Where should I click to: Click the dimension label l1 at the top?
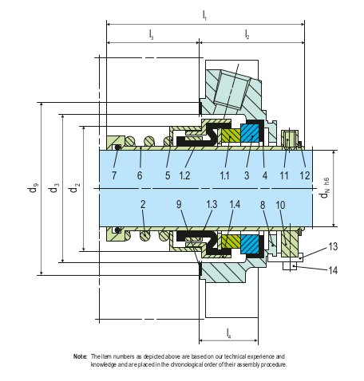[x=204, y=14]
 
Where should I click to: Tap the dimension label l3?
[x=152, y=34]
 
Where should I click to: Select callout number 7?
[x=115, y=175]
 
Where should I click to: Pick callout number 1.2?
[x=185, y=175]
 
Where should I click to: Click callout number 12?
[x=304, y=175]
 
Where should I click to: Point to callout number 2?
[x=143, y=204]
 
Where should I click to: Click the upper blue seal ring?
[x=251, y=133]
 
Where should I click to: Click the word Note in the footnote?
[x=80, y=356]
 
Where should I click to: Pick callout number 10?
[x=279, y=204]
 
